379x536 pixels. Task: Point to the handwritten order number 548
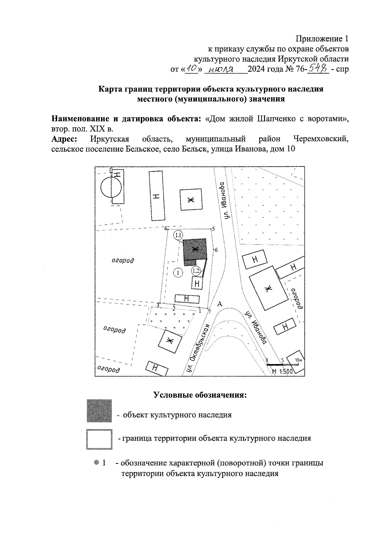coord(319,68)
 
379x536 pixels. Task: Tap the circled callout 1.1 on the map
coord(178,235)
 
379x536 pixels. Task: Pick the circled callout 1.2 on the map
coord(196,271)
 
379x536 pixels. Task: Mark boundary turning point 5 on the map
coord(211,228)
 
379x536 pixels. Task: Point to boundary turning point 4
coord(168,228)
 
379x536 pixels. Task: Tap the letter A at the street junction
coord(220,304)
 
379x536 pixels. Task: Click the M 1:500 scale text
coord(282,371)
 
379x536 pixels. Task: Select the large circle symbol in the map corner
coord(111,187)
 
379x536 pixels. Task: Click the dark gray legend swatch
coord(99,411)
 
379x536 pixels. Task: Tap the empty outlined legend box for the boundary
coord(99,439)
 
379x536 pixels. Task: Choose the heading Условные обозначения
coord(200,395)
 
